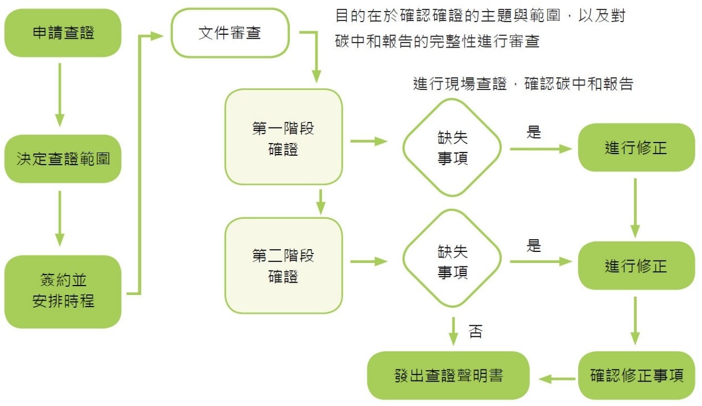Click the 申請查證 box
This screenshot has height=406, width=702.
(x=63, y=33)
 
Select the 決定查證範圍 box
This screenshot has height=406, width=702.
(x=63, y=159)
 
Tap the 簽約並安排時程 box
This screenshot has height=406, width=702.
(x=63, y=292)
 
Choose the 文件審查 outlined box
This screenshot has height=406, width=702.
(x=230, y=33)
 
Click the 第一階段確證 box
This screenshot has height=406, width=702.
(x=283, y=137)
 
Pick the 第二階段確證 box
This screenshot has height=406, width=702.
(x=283, y=265)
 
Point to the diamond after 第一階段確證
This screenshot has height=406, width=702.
(x=452, y=148)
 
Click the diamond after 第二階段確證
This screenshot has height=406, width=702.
(x=452, y=261)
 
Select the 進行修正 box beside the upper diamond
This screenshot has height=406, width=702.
(x=636, y=147)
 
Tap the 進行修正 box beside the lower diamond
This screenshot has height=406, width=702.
(x=636, y=266)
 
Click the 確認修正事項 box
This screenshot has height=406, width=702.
(x=636, y=376)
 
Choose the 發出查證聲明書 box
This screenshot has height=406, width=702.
(x=449, y=376)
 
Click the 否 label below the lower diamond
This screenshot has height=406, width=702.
(x=475, y=332)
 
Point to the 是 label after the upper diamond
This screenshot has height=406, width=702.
(x=533, y=133)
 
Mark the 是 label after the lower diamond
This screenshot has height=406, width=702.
(x=533, y=246)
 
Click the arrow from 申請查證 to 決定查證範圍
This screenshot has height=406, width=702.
(x=60, y=94)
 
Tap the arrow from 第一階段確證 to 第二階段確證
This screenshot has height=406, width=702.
(x=320, y=201)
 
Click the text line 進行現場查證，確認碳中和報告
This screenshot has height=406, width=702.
(x=523, y=84)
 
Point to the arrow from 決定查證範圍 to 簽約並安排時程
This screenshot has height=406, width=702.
(x=60, y=218)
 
